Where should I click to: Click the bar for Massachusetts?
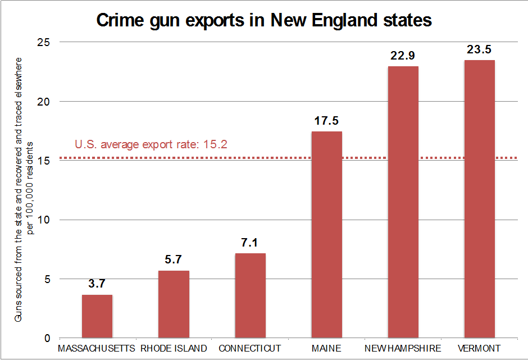97,316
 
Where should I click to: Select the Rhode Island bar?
174,304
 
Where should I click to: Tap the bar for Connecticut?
250,296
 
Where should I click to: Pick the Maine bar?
326,235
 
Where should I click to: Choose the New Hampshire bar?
403,202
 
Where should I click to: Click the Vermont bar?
479,199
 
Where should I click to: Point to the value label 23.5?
479,50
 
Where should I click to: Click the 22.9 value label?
403,56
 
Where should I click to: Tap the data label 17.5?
326,121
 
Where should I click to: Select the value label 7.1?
250,244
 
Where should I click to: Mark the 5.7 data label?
174,260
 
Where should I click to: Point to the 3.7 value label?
97,284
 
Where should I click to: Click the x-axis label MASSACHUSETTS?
97,349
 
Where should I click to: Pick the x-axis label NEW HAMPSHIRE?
403,349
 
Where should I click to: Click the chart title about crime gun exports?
264,21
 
